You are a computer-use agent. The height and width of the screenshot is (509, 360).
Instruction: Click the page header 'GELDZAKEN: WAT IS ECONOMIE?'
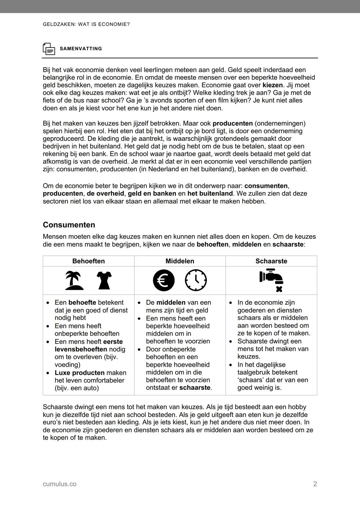coord(86,24)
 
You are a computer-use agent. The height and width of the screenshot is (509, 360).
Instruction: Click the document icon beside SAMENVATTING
coord(49,49)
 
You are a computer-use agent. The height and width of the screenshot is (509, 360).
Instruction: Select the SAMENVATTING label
coord(81,49)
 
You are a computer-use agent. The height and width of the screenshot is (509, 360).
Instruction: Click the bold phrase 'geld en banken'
coord(152,194)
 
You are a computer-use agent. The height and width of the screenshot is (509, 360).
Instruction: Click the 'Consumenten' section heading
coord(69,225)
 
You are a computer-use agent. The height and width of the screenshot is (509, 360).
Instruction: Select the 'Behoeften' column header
coord(88,261)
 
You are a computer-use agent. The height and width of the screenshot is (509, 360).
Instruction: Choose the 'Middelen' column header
coord(180,261)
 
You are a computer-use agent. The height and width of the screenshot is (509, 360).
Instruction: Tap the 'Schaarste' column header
coord(271,261)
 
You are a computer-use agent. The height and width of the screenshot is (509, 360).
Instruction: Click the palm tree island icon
coord(74,280)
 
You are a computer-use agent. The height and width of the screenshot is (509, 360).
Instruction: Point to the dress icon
coord(104,280)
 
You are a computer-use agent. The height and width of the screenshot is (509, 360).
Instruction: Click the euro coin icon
coord(164,280)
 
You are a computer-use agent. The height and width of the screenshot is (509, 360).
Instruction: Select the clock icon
coord(196,280)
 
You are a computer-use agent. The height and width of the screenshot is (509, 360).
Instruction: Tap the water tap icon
coord(271,280)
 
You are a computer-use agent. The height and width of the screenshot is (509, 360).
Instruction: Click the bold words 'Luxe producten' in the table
coord(79,373)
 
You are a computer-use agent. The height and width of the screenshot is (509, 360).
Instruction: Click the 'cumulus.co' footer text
coord(59,484)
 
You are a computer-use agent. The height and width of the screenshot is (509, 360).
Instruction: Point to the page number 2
coord(315,484)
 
